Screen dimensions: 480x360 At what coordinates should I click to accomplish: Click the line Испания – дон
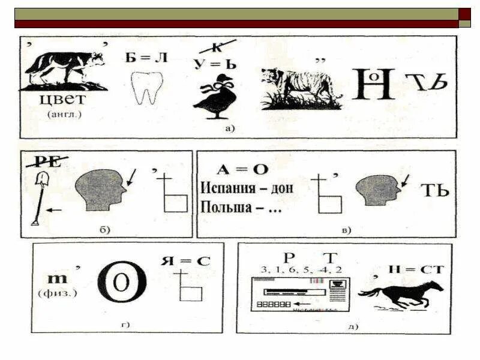[x=247, y=188]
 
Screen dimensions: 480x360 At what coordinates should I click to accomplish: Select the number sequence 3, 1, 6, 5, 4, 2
[x=293, y=269]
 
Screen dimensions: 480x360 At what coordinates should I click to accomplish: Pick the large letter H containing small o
[x=373, y=83]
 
